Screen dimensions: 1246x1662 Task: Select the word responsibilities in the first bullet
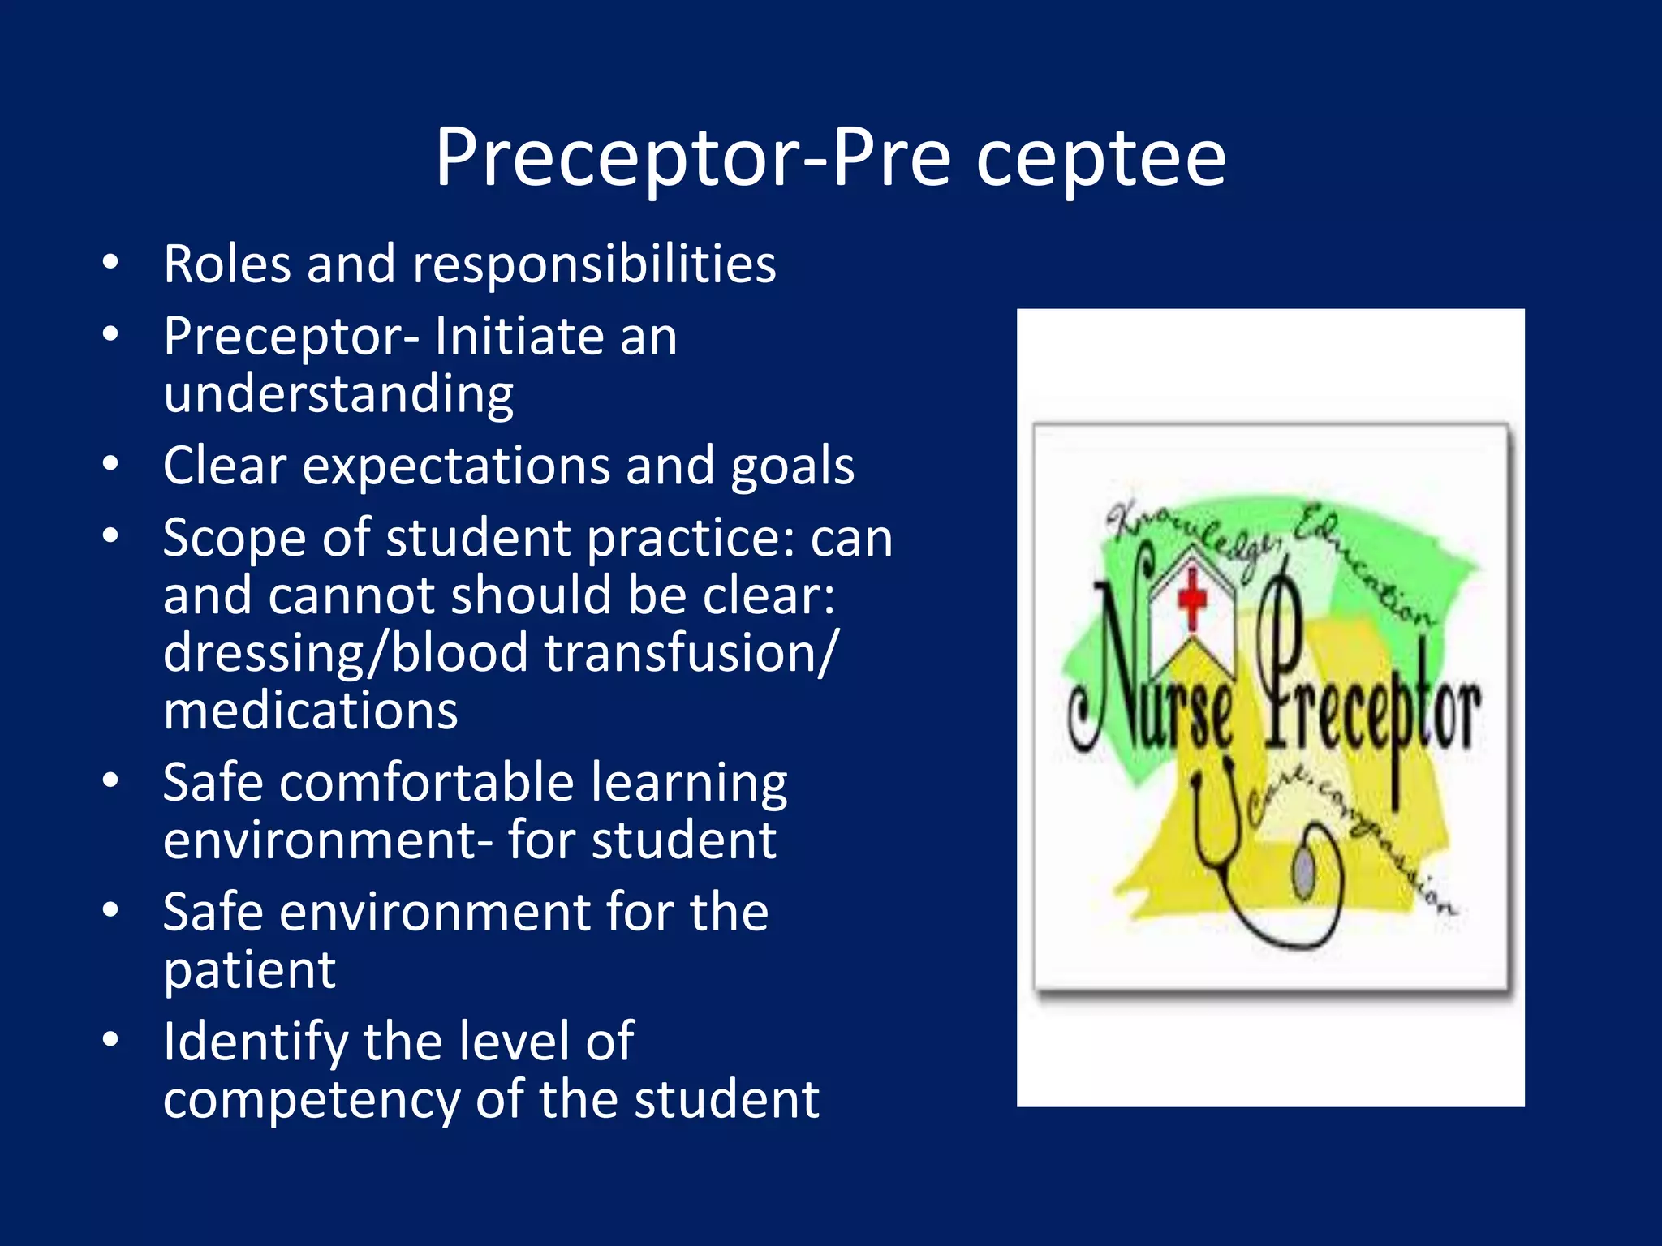tap(594, 265)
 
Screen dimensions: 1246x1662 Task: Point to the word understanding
tap(338, 395)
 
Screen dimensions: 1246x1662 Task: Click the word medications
tap(311, 711)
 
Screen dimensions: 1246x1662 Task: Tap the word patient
tap(249, 971)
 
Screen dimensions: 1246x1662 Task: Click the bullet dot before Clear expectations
tap(111, 464)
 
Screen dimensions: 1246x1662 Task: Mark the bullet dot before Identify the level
tap(111, 1040)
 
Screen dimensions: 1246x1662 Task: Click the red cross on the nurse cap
tap(1191, 599)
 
